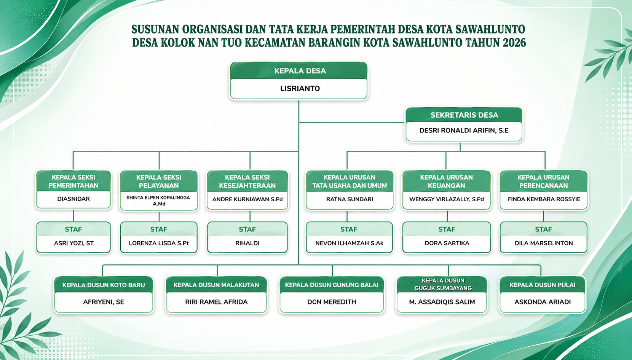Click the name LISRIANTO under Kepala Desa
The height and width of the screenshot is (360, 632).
point(300,89)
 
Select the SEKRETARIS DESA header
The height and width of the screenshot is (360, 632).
point(464,115)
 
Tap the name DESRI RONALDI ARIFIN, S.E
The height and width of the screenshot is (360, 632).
point(464,131)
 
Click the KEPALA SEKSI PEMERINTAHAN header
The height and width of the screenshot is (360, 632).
point(73,181)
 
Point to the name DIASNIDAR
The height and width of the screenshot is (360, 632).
point(73,199)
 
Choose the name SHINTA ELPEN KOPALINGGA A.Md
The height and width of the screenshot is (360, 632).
point(158,201)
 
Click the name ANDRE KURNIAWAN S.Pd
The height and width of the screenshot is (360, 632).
point(247,199)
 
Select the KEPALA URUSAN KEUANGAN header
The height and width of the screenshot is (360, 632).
point(446,181)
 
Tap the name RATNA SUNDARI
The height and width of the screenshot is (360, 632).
point(350,199)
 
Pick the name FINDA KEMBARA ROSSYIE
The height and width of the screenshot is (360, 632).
point(544,199)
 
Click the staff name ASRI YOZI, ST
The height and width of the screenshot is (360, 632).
point(73,243)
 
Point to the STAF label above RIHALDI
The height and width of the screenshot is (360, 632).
point(247,229)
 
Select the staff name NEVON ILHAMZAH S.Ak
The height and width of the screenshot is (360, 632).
point(349,243)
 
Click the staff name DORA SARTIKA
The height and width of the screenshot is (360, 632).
point(447,243)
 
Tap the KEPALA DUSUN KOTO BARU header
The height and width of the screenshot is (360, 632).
point(104,285)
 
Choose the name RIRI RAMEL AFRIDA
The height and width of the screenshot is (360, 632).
point(216,302)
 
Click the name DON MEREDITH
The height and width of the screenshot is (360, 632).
point(332,302)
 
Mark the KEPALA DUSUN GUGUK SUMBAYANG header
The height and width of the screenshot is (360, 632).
point(443,284)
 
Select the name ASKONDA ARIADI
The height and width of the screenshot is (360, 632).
point(543,302)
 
